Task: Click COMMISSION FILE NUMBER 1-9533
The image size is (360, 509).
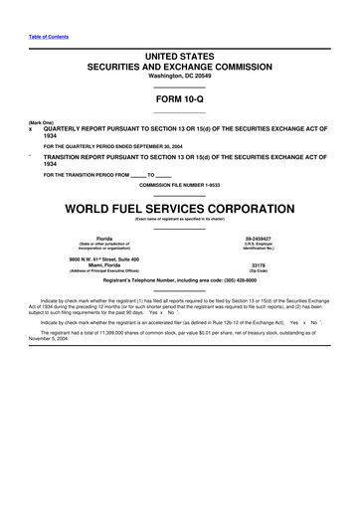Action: [179, 186]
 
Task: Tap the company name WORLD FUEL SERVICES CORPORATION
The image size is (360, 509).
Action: [179, 209]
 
